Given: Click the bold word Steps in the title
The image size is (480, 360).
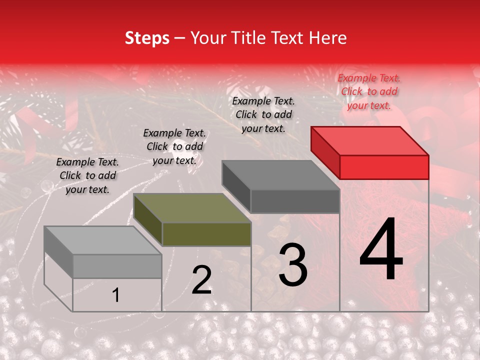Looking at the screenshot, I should pyautogui.click(x=147, y=38).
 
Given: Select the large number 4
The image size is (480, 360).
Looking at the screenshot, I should pyautogui.click(x=381, y=250).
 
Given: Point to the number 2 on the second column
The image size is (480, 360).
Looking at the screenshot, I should pyautogui.click(x=201, y=280).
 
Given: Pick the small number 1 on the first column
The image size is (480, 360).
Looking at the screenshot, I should pyautogui.click(x=115, y=295).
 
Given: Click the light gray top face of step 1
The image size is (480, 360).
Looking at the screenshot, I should pyautogui.click(x=102, y=240).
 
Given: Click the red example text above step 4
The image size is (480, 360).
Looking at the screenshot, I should pyautogui.click(x=369, y=91).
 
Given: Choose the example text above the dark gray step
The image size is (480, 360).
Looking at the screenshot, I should pyautogui.click(x=263, y=114).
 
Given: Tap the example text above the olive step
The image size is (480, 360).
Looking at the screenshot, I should pyautogui.click(x=174, y=146).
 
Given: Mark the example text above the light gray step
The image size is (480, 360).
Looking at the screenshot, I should pyautogui.click(x=87, y=175).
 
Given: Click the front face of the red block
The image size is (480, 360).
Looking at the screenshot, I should pyautogui.click(x=384, y=167).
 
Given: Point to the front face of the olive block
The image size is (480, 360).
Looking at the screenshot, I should pyautogui.click(x=206, y=234).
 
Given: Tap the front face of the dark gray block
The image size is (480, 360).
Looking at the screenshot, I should pyautogui.click(x=295, y=201).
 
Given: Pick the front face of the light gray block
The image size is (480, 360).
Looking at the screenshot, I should pyautogui.click(x=117, y=266).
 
